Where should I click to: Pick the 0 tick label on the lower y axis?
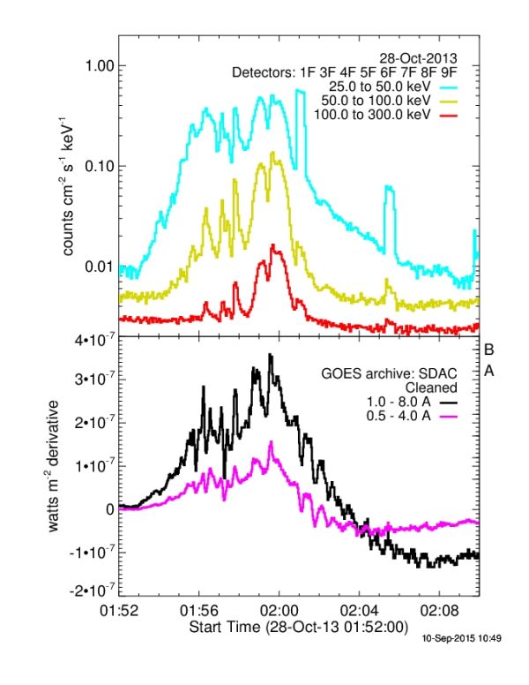tap(111, 509)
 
